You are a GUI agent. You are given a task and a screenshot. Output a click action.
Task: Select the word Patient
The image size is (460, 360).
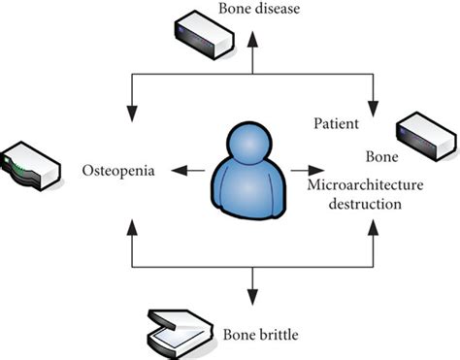[x=337, y=124]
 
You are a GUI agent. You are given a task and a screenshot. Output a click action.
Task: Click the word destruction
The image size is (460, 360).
[x=364, y=206]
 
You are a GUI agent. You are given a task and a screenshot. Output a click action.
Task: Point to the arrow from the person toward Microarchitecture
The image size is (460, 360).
[x=301, y=171]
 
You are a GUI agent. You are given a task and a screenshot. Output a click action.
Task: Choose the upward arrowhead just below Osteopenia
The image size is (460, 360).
[x=129, y=228]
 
